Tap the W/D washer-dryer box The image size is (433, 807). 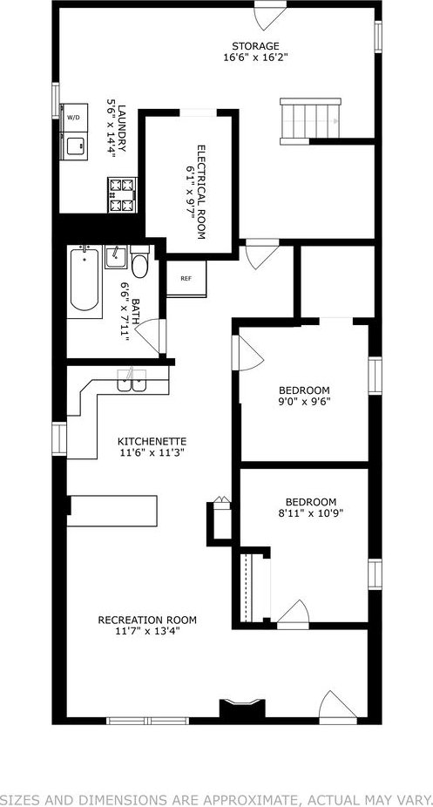pos(73,118)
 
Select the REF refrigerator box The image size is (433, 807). pos(186,278)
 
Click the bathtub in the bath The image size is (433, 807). pos(84,281)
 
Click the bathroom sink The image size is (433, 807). pos(116,257)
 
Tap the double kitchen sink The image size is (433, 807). pos(132,382)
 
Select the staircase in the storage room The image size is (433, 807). pos(310,121)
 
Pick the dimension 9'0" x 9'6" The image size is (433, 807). pos(304,400)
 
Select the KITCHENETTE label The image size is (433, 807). pos(152,442)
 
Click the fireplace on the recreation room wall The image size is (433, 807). pos(242,708)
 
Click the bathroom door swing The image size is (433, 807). pos(150,336)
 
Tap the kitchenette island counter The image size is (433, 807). pos(112,511)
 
